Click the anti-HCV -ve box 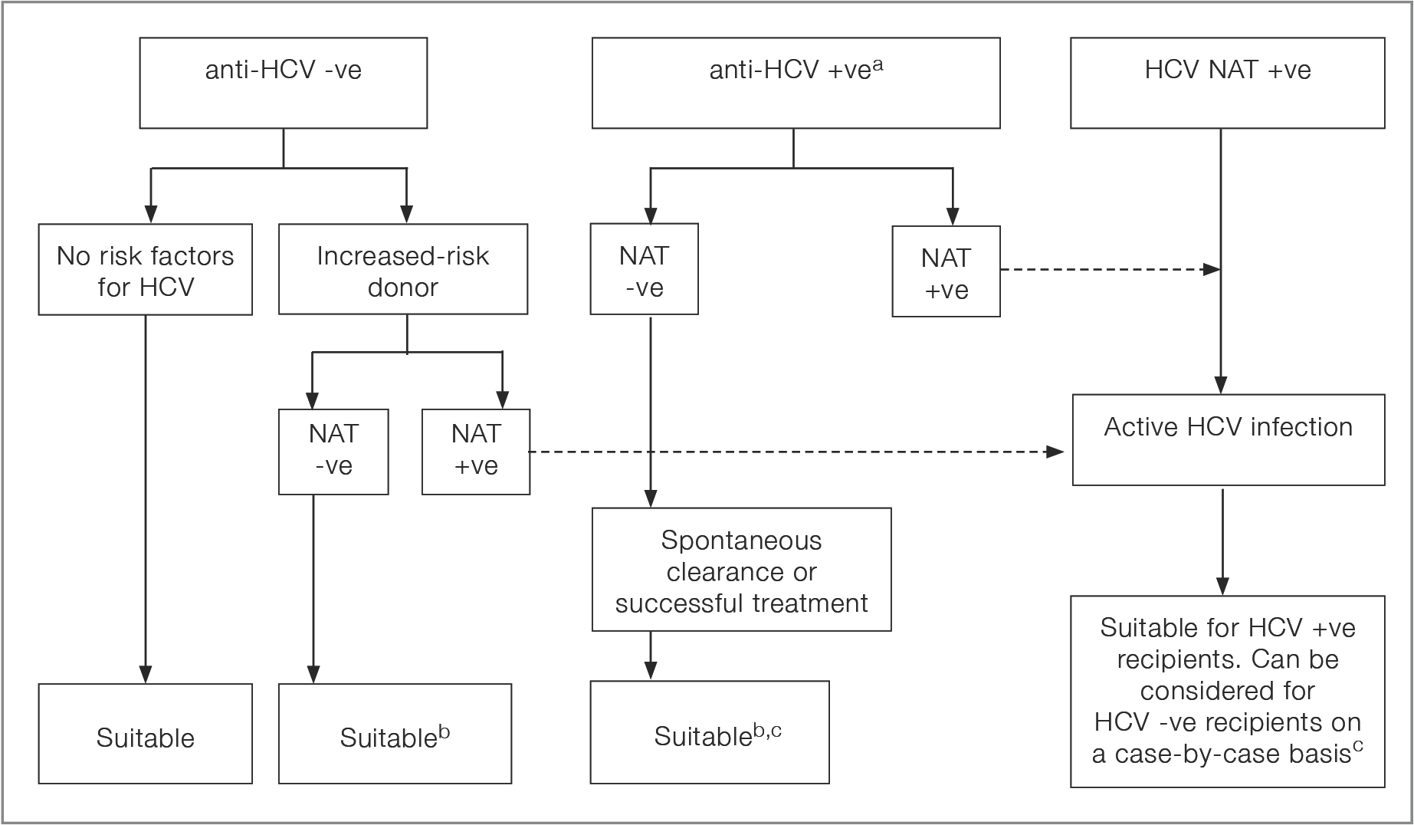(284, 83)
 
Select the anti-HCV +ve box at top (796, 83)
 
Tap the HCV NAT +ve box (1228, 83)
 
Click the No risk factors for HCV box (146, 269)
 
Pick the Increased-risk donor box (403, 269)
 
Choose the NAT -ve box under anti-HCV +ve (645, 269)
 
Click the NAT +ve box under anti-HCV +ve (946, 271)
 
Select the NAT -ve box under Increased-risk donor (333, 452)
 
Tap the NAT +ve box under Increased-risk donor (476, 452)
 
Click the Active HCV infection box (1229, 440)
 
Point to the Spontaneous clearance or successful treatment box (742, 570)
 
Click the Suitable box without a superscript (146, 734)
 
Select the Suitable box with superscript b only (395, 734)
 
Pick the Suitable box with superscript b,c (710, 732)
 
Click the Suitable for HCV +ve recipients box (1228, 692)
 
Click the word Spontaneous (742, 541)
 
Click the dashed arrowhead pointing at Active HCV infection (1056, 452)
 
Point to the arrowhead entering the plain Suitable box (146, 674)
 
